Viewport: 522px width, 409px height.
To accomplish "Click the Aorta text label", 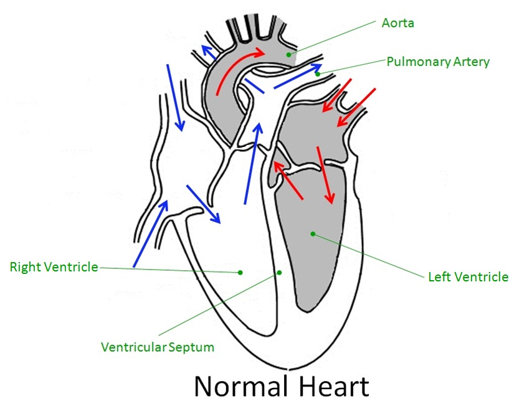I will click(397, 24).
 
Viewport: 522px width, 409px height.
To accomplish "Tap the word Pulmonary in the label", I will click(414, 62).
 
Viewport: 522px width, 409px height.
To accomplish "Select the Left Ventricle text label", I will click(468, 276).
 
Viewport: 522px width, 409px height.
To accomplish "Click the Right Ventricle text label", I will click(54, 267).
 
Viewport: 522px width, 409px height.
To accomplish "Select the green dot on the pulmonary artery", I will click(317, 73).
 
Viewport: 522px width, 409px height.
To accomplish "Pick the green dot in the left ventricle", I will click(313, 234).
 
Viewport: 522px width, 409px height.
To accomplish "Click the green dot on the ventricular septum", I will click(279, 272).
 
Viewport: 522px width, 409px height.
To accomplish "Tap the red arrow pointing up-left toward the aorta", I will click(288, 180).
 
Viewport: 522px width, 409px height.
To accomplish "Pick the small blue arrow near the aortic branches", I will click(208, 52).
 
